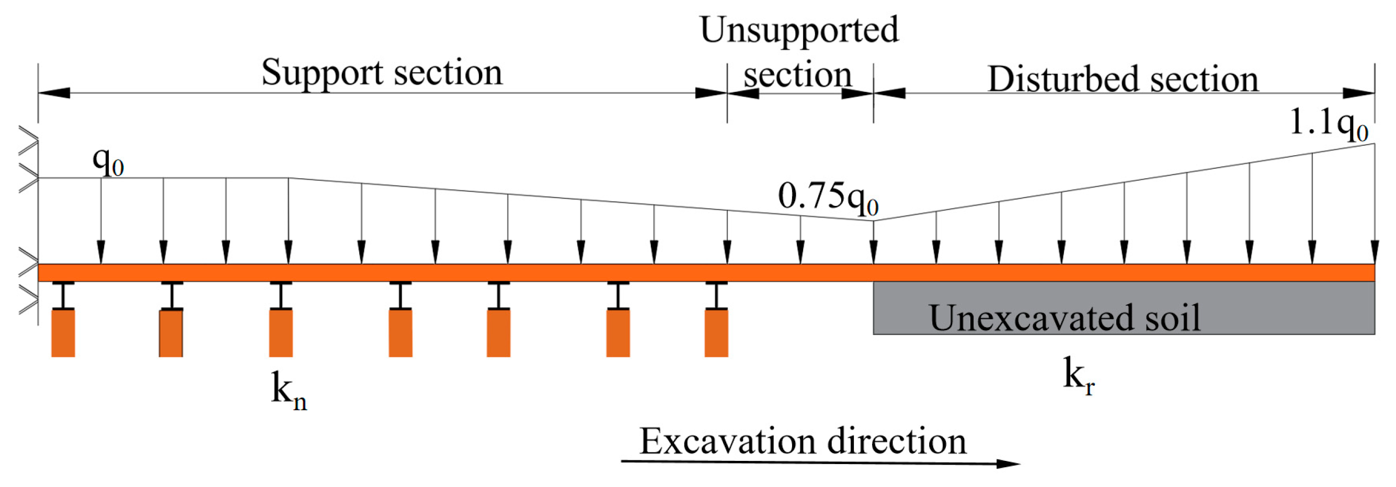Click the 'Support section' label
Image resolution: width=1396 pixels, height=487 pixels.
382,73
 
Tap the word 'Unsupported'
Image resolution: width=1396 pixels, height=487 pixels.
799,30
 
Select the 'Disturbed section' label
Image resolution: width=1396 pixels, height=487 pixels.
1123,79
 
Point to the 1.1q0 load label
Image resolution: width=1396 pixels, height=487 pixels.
1328,122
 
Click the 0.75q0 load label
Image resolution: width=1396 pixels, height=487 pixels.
828,196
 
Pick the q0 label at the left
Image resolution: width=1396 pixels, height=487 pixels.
108,161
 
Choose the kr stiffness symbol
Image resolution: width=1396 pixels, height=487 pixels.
1078,376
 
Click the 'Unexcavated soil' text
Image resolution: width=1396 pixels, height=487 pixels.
1065,318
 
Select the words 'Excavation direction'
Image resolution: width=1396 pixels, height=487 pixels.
803,442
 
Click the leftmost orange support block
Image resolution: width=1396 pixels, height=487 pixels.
63,333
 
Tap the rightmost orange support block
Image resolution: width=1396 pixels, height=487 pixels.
716,333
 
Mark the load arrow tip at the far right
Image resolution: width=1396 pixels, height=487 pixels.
1375,256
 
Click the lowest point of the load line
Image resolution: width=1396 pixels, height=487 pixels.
873,221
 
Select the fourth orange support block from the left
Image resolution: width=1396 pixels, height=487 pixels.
401,333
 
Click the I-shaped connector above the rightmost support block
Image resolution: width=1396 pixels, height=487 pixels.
716,296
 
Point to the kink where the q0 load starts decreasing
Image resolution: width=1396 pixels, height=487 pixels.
288,178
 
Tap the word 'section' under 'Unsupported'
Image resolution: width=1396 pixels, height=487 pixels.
797,76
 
